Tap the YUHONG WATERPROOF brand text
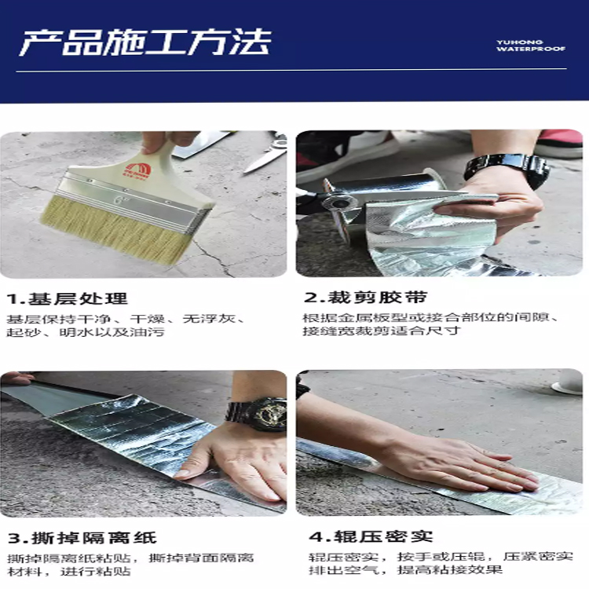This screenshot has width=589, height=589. pyautogui.click(x=530, y=46)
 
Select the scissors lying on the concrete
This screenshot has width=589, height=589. pyautogui.click(x=265, y=154)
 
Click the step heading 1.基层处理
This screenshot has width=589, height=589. pyautogui.click(x=68, y=299)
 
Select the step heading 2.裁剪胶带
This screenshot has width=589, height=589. pyautogui.click(x=365, y=297)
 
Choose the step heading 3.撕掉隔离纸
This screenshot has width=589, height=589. pyautogui.click(x=82, y=538)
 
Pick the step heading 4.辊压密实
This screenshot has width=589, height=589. pyautogui.click(x=371, y=536)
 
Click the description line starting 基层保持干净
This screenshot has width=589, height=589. pyautogui.click(x=126, y=319)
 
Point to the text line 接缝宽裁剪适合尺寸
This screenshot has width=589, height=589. pyautogui.click(x=381, y=331)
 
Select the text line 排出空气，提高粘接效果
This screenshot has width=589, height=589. pyautogui.click(x=405, y=570)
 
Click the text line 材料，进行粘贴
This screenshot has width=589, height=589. pyautogui.click(x=69, y=572)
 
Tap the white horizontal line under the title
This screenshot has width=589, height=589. pyautogui.click(x=291, y=70)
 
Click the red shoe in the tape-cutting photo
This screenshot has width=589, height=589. pyautogui.click(x=560, y=143)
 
